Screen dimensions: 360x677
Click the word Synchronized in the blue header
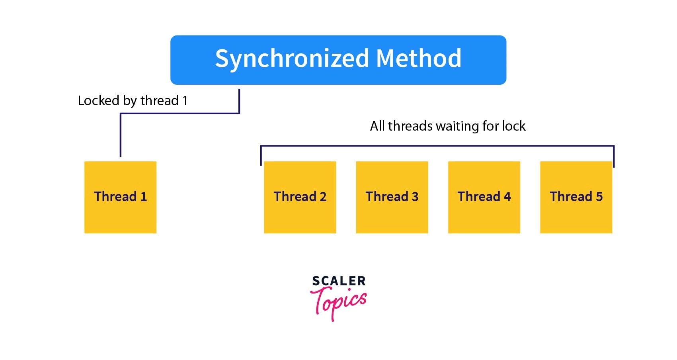click(x=292, y=59)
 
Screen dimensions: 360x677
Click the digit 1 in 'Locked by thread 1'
click(x=185, y=100)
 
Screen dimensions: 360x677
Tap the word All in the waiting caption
click(x=377, y=126)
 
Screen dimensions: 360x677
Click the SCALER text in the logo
click(x=339, y=281)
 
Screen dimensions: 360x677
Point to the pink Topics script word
click(x=339, y=303)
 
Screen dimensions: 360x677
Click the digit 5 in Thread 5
click(x=599, y=197)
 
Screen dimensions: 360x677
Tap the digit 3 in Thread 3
click(x=415, y=197)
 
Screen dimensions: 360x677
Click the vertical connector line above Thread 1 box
click(x=121, y=135)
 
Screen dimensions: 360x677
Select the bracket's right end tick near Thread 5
click(x=614, y=157)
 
